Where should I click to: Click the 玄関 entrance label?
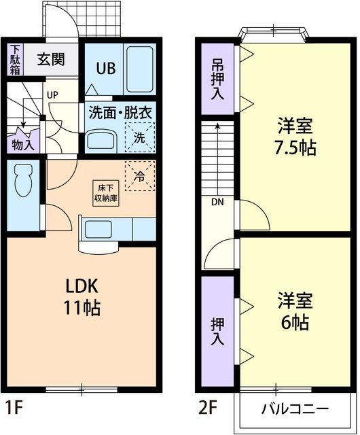coord(51,59)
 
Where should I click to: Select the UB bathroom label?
coord(105,68)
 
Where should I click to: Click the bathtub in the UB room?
coord(140,69)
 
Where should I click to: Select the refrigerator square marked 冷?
coord(139,177)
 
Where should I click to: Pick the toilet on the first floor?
coord(22,181)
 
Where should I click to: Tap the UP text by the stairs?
coord(52,94)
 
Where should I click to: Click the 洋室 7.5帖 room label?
coord(297,137)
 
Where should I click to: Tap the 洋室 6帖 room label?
coord(297,310)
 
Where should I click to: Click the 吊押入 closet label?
coord(216,79)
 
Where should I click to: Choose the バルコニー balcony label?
coord(295,409)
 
